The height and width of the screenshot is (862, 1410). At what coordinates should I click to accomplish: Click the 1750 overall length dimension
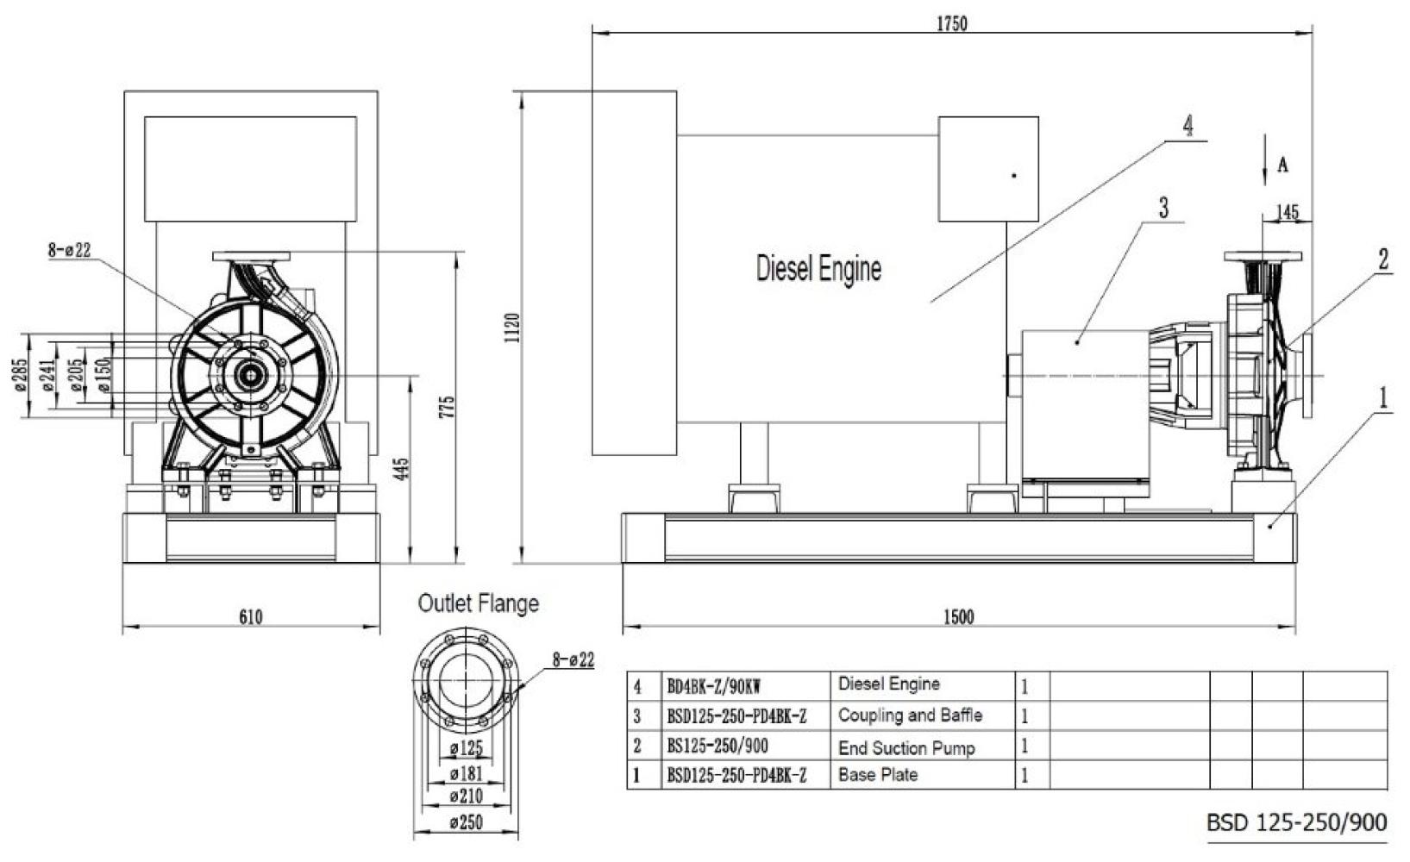point(952,24)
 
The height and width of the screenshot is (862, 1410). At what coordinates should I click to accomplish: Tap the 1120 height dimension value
point(511,328)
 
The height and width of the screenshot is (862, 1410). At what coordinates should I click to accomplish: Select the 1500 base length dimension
point(959,617)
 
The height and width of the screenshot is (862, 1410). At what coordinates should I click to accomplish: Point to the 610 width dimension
point(251,617)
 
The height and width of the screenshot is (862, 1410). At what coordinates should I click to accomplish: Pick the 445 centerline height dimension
point(403,468)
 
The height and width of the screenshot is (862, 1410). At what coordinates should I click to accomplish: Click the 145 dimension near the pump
point(1288,213)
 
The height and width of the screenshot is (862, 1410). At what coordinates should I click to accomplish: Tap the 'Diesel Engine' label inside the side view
point(818,269)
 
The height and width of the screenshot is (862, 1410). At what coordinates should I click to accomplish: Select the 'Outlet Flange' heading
point(479,603)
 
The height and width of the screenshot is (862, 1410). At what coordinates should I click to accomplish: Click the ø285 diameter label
point(22,375)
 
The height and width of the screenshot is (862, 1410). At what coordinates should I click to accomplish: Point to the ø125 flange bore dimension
point(467,749)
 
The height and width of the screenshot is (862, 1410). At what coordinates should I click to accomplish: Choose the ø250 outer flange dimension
point(467,822)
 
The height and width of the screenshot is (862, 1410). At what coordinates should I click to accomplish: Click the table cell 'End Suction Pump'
point(906,747)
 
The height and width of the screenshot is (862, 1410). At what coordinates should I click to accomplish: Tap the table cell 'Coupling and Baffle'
point(910,715)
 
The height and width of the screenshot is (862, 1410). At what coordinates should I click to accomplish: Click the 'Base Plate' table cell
point(878,775)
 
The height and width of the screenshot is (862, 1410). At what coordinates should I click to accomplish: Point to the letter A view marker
point(1283,166)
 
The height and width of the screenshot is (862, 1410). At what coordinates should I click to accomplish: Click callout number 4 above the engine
point(1188,127)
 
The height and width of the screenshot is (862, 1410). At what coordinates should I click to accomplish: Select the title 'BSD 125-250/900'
point(1297,822)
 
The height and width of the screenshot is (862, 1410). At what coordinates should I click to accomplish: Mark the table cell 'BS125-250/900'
point(718,746)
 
